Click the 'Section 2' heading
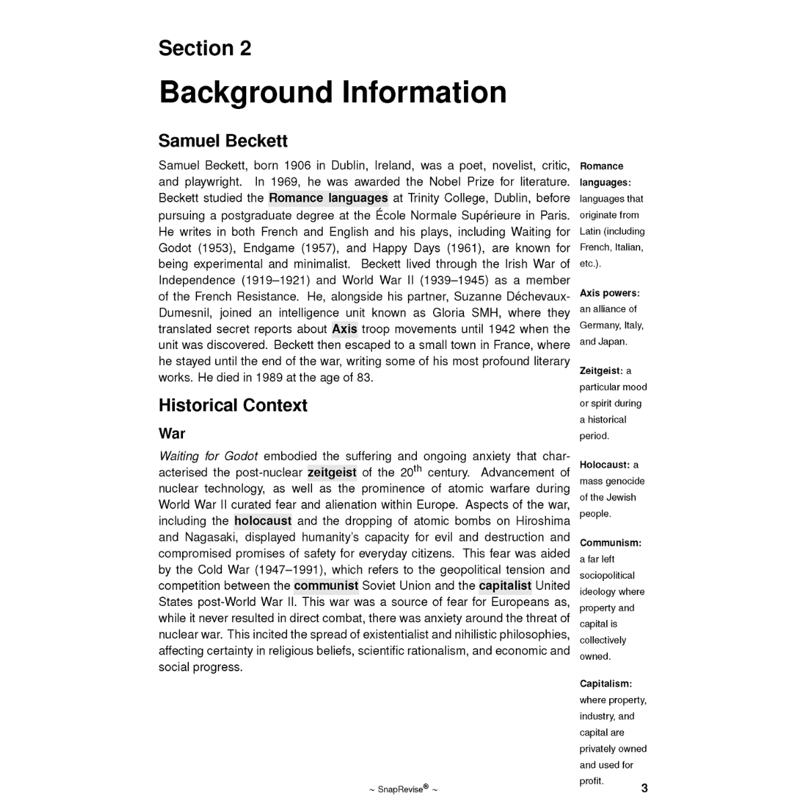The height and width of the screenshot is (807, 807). coord(204,48)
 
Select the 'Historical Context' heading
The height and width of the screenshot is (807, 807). coord(233,406)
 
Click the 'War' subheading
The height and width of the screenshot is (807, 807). coord(171,434)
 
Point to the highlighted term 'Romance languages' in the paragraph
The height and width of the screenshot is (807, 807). coord(328,198)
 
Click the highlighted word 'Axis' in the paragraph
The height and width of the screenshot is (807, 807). coord(344,329)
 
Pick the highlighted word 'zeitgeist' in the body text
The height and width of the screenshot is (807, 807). coord(332,472)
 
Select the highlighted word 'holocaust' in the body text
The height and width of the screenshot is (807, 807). coord(263,521)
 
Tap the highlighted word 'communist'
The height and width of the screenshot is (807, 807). coord(326,586)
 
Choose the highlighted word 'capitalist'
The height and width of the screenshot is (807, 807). coord(505,586)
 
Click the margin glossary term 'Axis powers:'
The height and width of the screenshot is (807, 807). coord(609,293)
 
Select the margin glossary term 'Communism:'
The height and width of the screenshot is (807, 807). coord(611,543)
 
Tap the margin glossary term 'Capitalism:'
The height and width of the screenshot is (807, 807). coord(606,684)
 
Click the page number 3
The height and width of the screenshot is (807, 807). coord(644,788)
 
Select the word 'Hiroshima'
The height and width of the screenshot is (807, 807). coord(543,521)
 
